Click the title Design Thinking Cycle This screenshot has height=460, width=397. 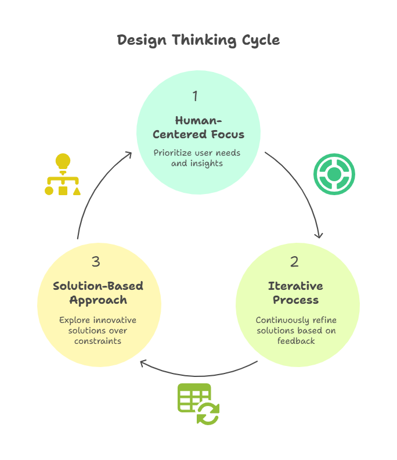198,40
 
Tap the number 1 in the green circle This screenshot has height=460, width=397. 195,96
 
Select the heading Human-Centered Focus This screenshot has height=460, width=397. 198,127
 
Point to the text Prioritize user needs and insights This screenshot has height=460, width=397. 197,158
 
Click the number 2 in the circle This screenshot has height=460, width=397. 294,262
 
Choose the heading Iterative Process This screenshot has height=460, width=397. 295,293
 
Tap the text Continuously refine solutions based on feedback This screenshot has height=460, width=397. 296,330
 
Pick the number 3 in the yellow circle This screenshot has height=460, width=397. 96,262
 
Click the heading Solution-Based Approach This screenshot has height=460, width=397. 98,293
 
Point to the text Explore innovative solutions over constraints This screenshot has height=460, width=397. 98,330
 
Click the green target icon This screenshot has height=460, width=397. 334,174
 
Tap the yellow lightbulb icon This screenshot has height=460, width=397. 63,161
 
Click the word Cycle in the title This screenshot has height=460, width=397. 260,40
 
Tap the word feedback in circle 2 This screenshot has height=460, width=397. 296,341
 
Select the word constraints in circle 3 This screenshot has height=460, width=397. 98,341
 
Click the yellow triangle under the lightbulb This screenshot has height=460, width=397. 77,190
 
